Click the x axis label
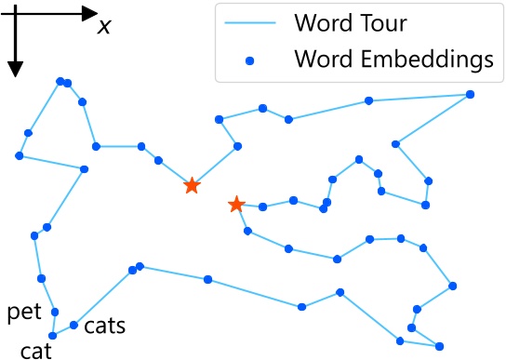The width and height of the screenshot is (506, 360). [x=104, y=25]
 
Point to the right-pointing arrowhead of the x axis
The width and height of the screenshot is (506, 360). [x=89, y=13]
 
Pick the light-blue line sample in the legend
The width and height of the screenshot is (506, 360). [x=250, y=20]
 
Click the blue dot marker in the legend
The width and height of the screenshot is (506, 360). [x=250, y=60]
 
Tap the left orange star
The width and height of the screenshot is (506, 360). [x=191, y=186]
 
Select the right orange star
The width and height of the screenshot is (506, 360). [x=236, y=204]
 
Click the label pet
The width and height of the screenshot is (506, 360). [x=24, y=312]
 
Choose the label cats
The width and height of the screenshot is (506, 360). [x=104, y=327]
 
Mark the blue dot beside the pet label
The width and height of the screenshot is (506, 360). [x=55, y=312]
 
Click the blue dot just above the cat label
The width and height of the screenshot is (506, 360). [x=53, y=335]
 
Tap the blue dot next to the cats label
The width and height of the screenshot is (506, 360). [x=73, y=326]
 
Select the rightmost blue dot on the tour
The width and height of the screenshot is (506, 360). [x=470, y=94]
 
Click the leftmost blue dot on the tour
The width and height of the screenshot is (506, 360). [x=19, y=156]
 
